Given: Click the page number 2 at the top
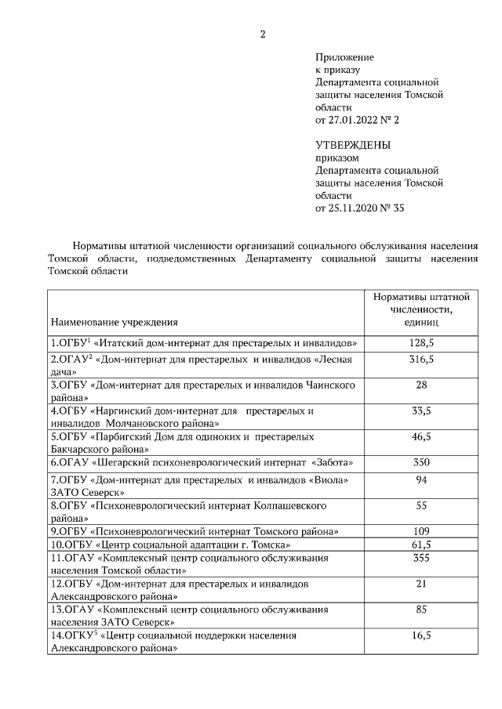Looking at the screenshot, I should click(x=263, y=33).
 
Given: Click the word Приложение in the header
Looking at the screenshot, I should click(x=344, y=57).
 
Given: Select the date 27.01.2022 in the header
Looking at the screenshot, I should click(x=353, y=120).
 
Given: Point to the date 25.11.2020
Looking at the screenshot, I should click(x=353, y=208).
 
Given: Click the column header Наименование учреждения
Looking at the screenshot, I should click(x=115, y=321).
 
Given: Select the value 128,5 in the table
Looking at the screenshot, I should click(x=421, y=343).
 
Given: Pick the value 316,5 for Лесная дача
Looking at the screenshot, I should click(x=421, y=359).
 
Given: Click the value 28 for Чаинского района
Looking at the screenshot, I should click(x=421, y=385).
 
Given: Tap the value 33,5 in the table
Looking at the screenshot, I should click(x=421, y=411).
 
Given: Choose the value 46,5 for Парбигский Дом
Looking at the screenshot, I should click(x=421, y=436).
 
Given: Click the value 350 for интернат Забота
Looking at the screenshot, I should click(x=421, y=462).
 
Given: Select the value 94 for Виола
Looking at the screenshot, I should click(x=421, y=479).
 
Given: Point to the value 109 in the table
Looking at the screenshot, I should click(x=421, y=530).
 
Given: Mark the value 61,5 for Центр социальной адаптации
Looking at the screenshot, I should click(x=421, y=544).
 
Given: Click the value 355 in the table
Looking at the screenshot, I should click(x=421, y=558).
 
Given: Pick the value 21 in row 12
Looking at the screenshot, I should click(x=421, y=584).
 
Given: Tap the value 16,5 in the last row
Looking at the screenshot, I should click(x=421, y=635).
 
